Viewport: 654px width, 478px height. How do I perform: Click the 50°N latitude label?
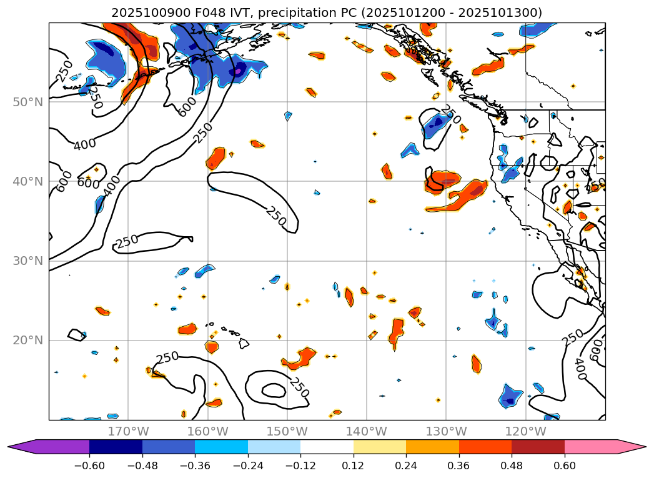(x=27, y=102)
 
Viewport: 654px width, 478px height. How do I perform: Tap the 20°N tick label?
(x=27, y=341)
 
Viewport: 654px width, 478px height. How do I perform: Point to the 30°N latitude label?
(x=27, y=261)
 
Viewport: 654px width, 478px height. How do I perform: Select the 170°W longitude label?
(x=128, y=432)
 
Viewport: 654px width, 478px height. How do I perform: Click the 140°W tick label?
(x=367, y=432)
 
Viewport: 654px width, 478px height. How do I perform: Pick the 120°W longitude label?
(x=526, y=432)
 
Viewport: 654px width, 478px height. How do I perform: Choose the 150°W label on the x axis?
(x=287, y=432)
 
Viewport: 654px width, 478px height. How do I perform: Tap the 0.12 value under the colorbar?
(x=353, y=465)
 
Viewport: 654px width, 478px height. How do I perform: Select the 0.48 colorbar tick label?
(x=512, y=465)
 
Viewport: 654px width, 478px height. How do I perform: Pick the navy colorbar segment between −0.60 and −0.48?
(x=116, y=447)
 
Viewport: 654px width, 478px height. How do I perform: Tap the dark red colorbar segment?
(x=538, y=447)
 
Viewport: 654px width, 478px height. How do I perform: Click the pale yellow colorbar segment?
(x=379, y=447)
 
